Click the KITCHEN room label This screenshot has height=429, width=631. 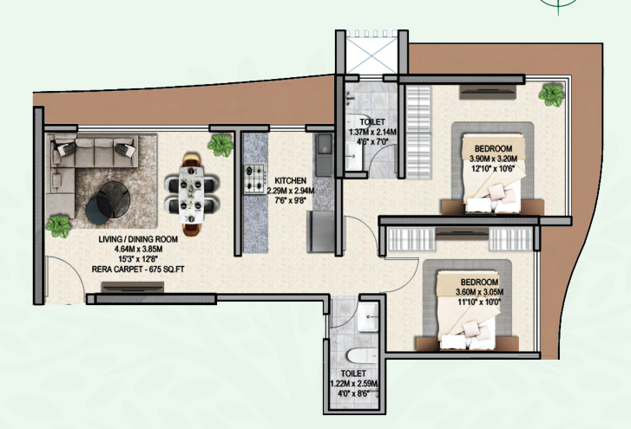pos(290,181)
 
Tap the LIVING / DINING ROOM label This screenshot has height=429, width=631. pos(138,239)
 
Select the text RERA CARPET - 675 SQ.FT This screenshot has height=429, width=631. pos(138,270)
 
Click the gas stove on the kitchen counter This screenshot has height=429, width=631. pos(254,179)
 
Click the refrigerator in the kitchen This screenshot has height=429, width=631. pos(321,231)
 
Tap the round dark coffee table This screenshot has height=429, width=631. pos(114,199)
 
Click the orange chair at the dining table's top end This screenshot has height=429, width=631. pos(191,159)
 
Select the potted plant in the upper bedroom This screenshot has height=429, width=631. pos(551,94)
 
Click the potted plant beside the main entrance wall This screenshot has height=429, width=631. pos(59,226)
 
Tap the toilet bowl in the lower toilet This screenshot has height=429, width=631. pos(362,356)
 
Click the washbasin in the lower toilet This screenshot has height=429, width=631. pos(368,317)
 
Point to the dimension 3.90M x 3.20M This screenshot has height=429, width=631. pos(493,159)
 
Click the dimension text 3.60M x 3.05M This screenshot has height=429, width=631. pos(479,292)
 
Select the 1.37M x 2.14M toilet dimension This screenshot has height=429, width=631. pos(372,132)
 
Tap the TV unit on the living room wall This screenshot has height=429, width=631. pos(133,287)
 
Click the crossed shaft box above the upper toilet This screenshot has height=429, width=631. pos(372,55)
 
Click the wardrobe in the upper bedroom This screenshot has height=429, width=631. pos(418,132)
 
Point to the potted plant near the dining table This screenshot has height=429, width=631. pos(220,146)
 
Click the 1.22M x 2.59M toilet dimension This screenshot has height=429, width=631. pos(354,384)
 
